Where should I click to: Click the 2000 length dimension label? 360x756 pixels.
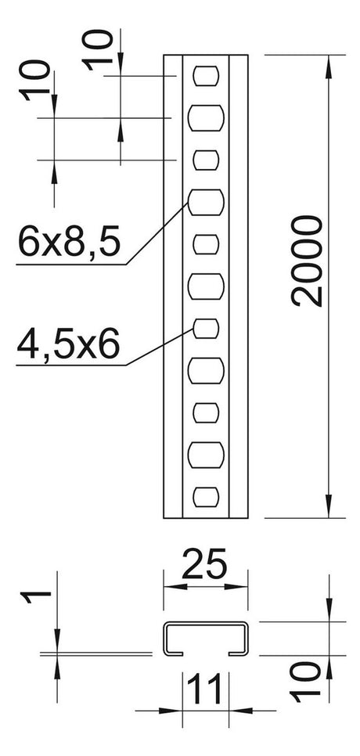tap(307, 261)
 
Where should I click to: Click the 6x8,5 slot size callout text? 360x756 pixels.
tap(68, 242)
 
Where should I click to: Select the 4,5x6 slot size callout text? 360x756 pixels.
tap(67, 344)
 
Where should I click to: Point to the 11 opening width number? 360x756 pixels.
tap(204, 689)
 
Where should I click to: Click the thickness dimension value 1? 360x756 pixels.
tap(36, 598)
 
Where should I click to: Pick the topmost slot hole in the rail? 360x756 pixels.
tap(206, 76)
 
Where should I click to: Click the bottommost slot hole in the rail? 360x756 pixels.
tap(206, 497)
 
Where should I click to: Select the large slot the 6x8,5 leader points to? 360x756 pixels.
tap(206, 202)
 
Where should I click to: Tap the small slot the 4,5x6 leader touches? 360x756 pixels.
tap(206, 329)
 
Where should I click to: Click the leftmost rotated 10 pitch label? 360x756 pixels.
tap(34, 80)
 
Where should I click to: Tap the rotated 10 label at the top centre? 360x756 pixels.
tap(97, 49)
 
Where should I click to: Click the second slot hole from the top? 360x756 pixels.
tap(206, 117)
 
